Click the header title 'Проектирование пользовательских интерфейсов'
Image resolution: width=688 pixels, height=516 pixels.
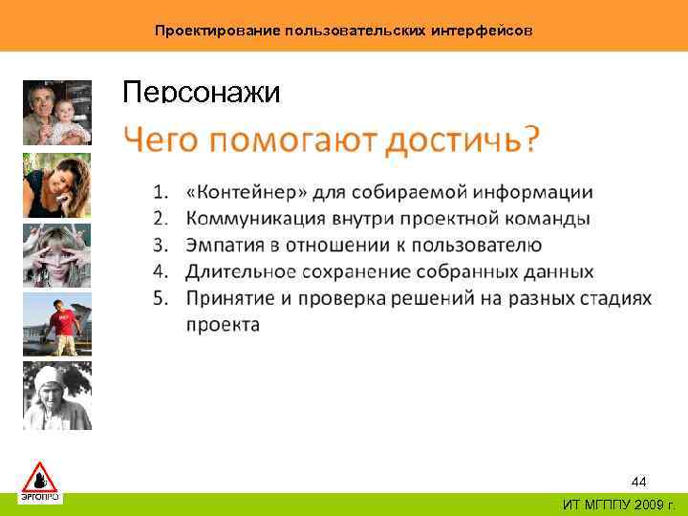(343, 31)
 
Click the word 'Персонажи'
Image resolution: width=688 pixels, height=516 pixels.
(202, 93)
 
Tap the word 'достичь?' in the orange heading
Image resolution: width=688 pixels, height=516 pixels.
(462, 142)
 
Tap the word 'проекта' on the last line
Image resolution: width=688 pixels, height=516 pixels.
(222, 325)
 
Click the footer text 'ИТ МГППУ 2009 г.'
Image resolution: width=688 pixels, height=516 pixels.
(618, 505)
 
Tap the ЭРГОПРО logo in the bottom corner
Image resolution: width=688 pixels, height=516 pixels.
(40, 481)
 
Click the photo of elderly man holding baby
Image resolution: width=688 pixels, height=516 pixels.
(57, 113)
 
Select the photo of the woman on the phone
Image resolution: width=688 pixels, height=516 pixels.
(57, 184)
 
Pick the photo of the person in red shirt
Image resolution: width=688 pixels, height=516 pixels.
(57, 325)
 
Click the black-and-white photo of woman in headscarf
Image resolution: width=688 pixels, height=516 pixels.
(57, 396)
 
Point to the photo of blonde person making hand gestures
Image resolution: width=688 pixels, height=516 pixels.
(57, 254)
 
